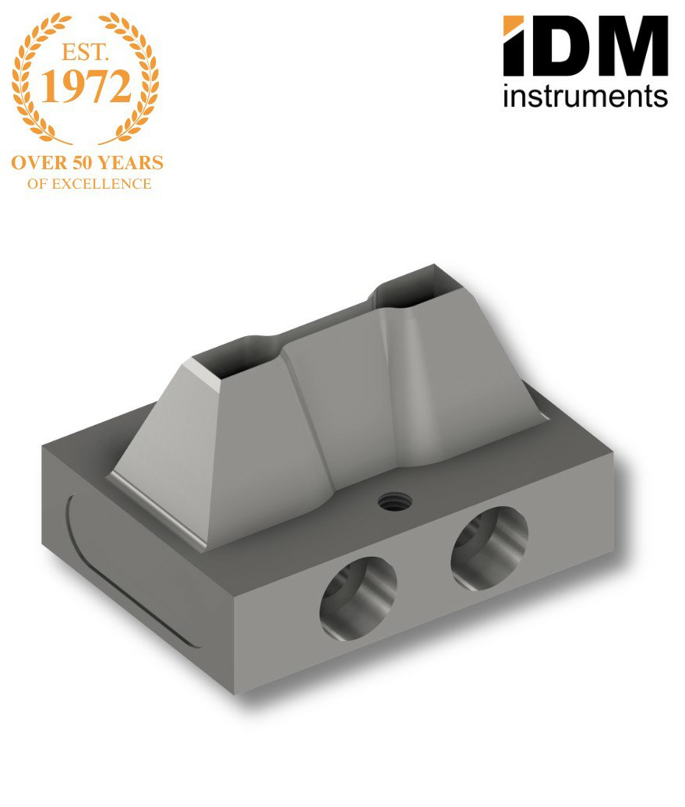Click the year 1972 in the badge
pyautogui.click(x=86, y=87)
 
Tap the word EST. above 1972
pyautogui.click(x=85, y=52)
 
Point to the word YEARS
pyautogui.click(x=131, y=163)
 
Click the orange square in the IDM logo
pyautogui.click(x=513, y=26)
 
